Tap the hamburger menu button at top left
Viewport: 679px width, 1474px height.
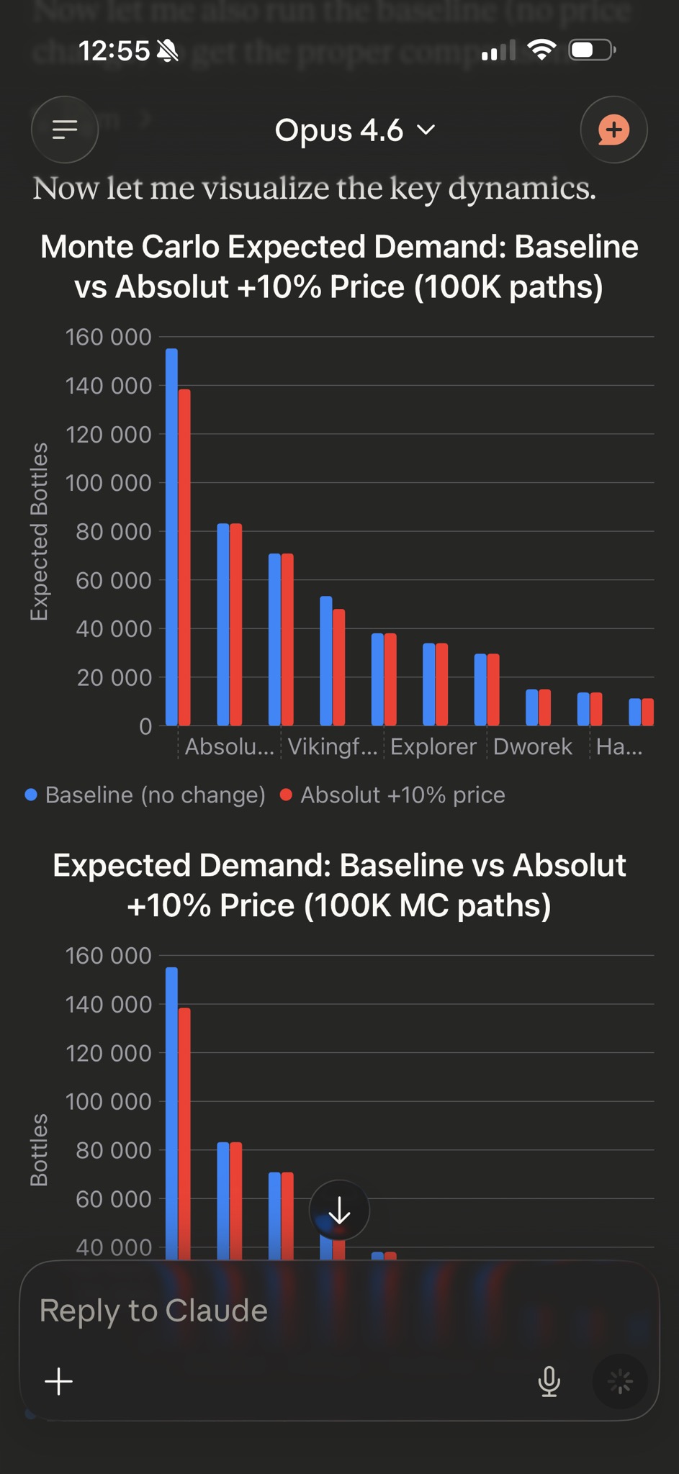65,130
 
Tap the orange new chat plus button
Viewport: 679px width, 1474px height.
613,130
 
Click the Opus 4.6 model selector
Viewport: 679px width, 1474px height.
354,130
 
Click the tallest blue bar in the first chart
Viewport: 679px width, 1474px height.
171,536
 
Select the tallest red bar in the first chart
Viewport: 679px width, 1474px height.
184,556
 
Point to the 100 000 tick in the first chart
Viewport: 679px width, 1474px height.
109,483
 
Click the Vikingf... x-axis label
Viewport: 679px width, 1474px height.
332,746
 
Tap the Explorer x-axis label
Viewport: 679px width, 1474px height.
433,746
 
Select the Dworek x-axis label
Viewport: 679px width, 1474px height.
533,746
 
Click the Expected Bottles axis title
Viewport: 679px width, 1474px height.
39,531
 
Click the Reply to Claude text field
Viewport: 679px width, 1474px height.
288,1311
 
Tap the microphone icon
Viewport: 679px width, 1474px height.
549,1380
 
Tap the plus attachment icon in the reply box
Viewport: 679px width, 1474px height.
59,1381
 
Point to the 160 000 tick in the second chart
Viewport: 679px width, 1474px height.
109,956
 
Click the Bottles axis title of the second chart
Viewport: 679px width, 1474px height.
39,1149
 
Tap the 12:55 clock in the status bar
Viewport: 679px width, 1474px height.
114,50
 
